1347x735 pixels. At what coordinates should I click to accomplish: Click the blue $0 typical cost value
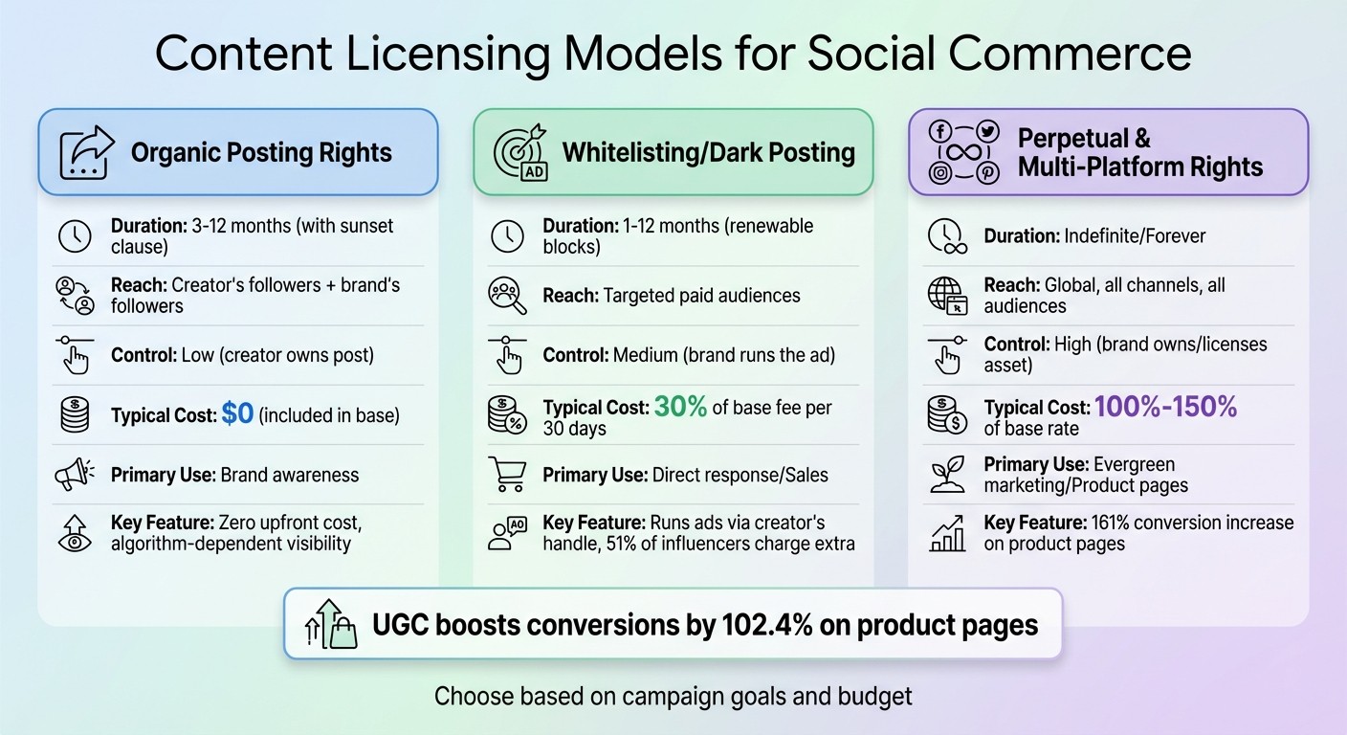[x=237, y=413]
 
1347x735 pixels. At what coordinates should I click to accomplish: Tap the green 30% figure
[x=680, y=407]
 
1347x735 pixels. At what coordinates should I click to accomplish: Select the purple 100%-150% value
[x=1165, y=407]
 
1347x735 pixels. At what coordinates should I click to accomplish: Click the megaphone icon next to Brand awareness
[x=75, y=475]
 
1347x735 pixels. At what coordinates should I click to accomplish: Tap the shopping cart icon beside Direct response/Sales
[x=507, y=475]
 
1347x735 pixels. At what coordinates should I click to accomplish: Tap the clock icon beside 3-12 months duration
[x=75, y=236]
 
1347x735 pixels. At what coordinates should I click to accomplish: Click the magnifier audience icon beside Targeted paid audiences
[x=507, y=295]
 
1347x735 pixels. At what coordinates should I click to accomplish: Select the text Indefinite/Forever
[x=1135, y=235]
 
